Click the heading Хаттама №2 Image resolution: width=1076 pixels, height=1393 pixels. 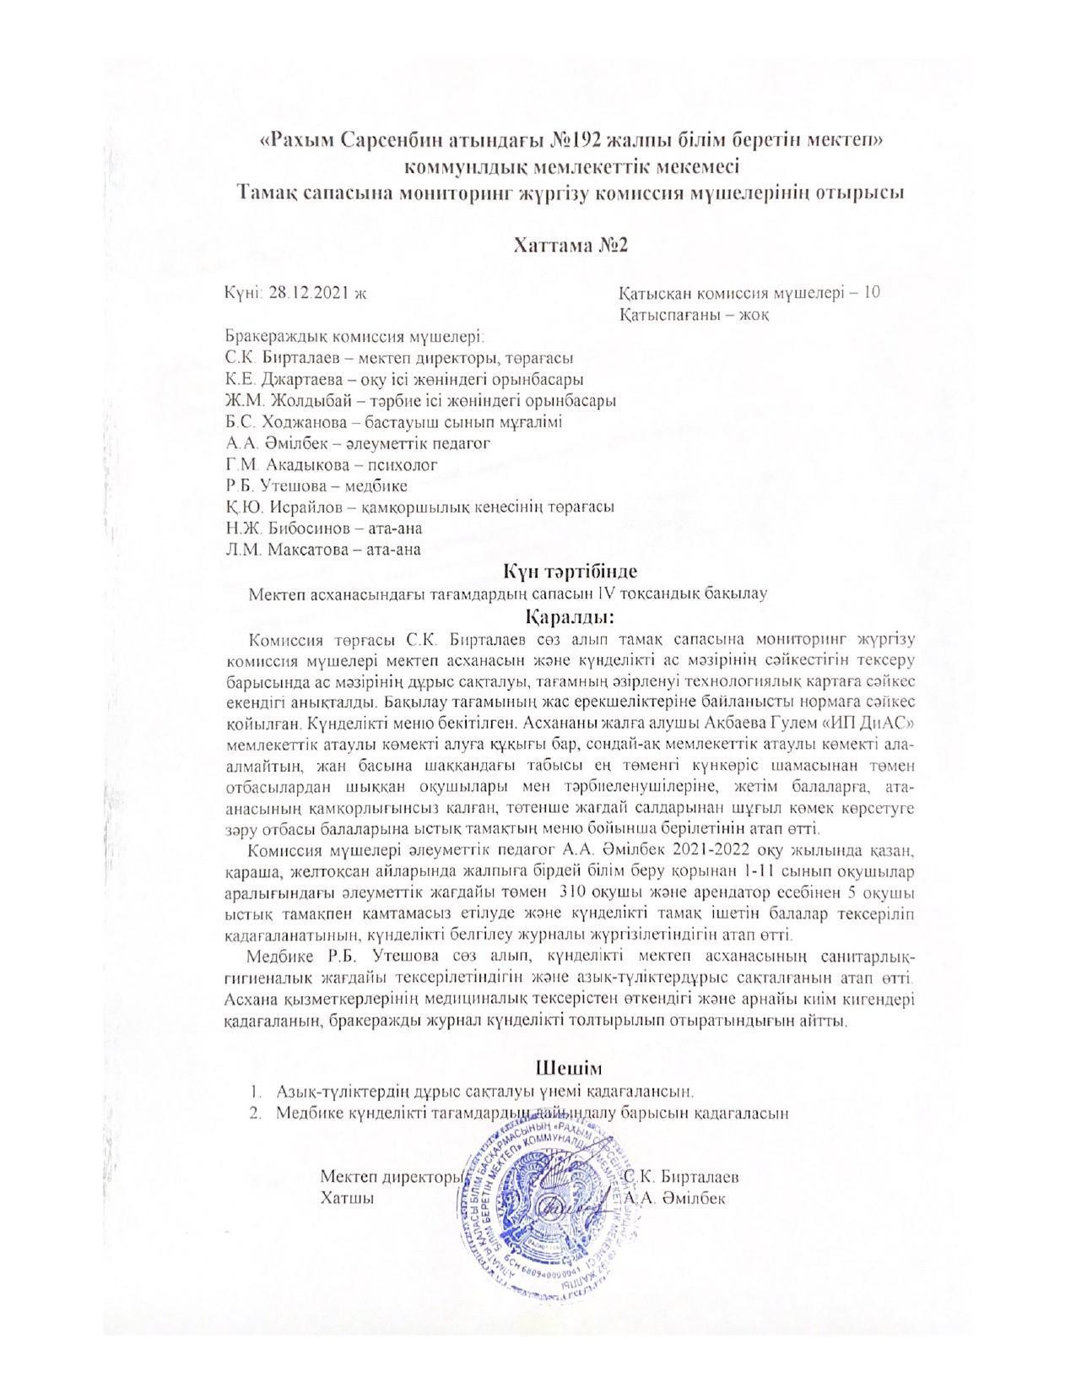tap(571, 245)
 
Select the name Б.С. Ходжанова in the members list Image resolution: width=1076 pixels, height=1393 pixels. tap(281, 422)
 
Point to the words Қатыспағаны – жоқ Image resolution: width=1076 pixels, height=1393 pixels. tap(693, 315)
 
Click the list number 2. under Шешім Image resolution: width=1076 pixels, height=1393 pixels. tap(253, 1113)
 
